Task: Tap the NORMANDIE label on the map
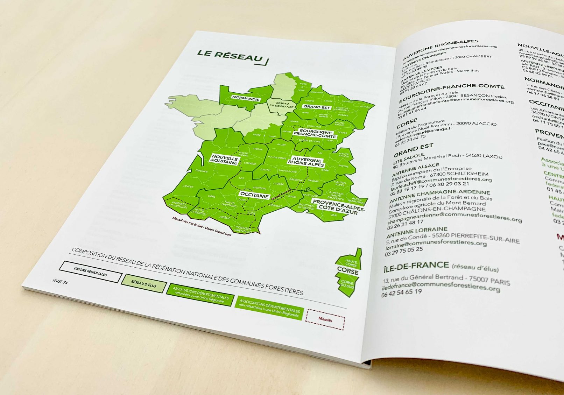pyautogui.click(x=246, y=99)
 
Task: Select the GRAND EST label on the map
pyautogui.click(x=316, y=107)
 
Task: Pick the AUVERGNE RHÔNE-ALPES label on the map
pyautogui.click(x=306, y=162)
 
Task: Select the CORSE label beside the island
pyautogui.click(x=348, y=271)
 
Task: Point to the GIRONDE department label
pyautogui.click(x=202, y=171)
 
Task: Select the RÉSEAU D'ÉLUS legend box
pyautogui.click(x=143, y=284)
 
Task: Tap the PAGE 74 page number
pyautogui.click(x=60, y=282)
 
